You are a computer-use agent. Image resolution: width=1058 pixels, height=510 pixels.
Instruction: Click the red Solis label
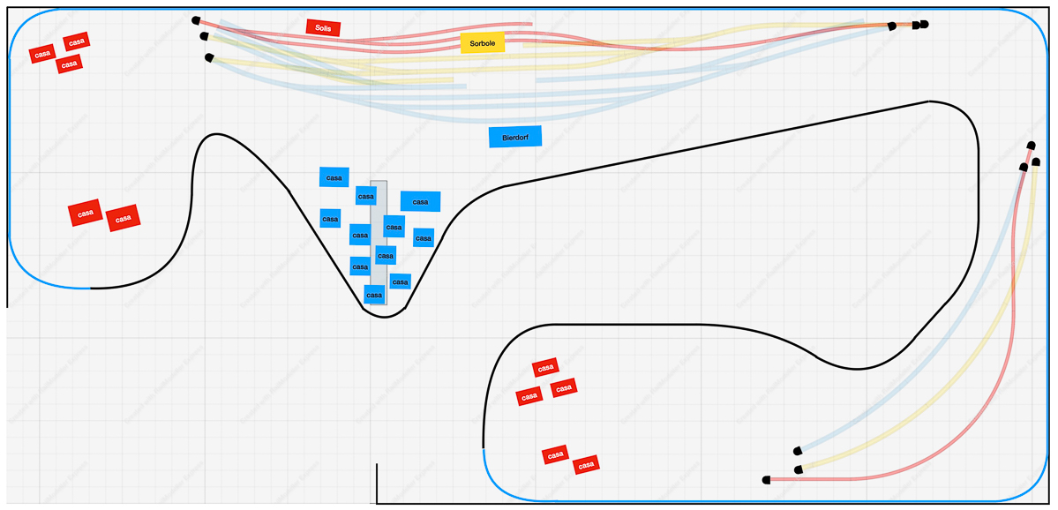(323, 28)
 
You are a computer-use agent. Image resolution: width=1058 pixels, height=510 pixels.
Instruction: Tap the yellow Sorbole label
(482, 42)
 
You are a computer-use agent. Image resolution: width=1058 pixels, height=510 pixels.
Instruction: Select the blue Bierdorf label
(514, 137)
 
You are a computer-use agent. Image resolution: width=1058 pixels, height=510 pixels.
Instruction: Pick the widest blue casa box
(420, 201)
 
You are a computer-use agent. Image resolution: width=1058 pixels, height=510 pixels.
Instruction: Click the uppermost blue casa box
(334, 177)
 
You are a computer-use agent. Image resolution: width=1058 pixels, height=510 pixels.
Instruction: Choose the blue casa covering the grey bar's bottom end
(374, 295)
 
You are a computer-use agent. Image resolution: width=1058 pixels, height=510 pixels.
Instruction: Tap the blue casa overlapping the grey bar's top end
(365, 195)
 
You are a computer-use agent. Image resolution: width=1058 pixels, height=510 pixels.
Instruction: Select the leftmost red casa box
(41, 54)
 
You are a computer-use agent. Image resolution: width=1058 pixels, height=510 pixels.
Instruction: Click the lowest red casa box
(585, 464)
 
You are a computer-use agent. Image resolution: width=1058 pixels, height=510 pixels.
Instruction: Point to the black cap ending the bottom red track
(766, 480)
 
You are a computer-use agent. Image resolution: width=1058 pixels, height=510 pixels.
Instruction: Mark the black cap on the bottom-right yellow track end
(798, 469)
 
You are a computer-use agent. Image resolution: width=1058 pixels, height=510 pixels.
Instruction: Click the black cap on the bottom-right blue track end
(798, 450)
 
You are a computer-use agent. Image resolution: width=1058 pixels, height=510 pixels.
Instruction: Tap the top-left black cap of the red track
(195, 19)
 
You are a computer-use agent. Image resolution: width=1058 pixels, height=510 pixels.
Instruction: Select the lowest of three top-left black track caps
(208, 57)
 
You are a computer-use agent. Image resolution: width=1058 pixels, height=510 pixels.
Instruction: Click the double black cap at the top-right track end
(920, 25)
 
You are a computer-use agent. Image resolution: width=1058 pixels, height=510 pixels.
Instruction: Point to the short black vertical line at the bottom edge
(377, 483)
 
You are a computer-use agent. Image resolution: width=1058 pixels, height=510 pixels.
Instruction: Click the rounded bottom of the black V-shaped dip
(385, 315)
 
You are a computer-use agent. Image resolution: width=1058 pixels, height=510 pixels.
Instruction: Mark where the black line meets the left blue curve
(91, 288)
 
